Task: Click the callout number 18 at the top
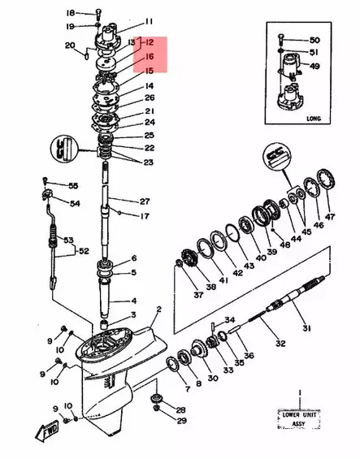pyautogui.click(x=69, y=13)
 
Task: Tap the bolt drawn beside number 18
pyautogui.click(x=98, y=14)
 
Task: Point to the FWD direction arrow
pyautogui.click(x=52, y=427)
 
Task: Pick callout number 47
pyautogui.click(x=329, y=217)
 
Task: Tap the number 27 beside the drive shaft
pyautogui.click(x=144, y=201)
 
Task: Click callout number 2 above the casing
pyautogui.click(x=158, y=309)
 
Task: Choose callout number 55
pyautogui.click(x=73, y=186)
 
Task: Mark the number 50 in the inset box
pyautogui.click(x=314, y=41)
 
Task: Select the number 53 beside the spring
pyautogui.click(x=69, y=240)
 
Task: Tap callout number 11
pyautogui.click(x=147, y=21)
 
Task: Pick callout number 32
pyautogui.click(x=280, y=344)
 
